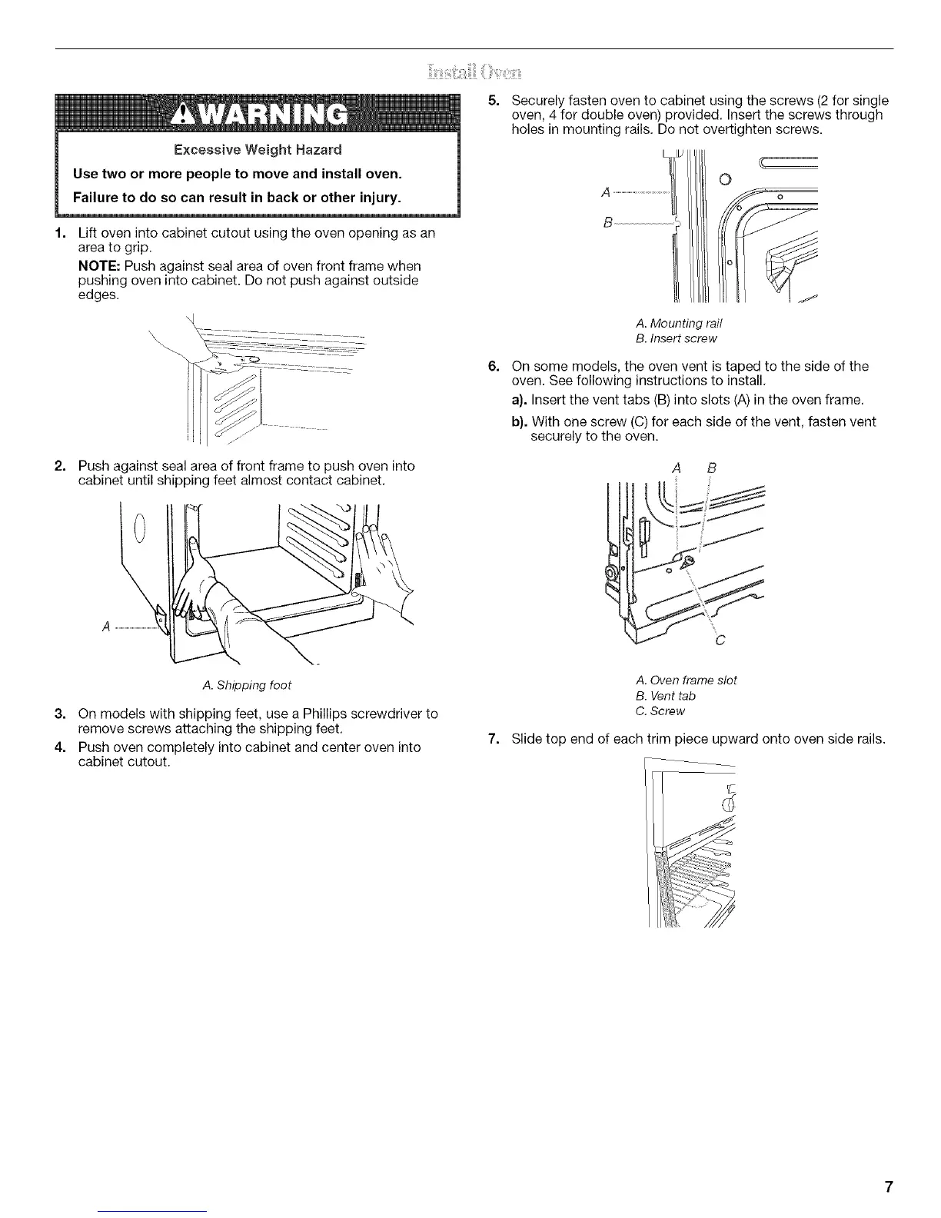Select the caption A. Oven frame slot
(x=687, y=680)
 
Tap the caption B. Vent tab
(x=667, y=696)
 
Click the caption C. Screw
(x=661, y=711)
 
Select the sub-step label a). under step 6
(x=519, y=400)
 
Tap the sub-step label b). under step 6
(x=519, y=421)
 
